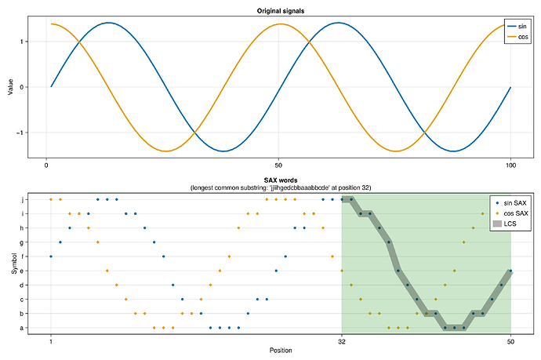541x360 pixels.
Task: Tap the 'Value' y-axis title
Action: coord(10,87)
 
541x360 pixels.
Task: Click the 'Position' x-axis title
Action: coord(281,350)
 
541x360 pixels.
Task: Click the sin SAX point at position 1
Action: coord(51,256)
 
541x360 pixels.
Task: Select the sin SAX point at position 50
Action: coord(510,271)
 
